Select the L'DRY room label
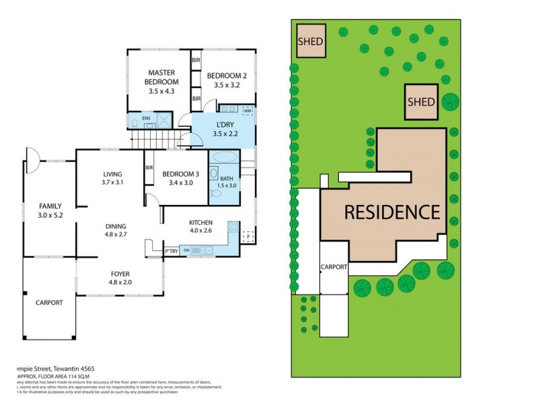224,125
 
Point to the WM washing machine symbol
247,110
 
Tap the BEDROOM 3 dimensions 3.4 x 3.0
181,182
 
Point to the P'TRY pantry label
171,251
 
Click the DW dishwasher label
193,251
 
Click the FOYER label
120,273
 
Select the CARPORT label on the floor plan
49,302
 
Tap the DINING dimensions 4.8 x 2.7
116,236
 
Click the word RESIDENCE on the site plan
392,212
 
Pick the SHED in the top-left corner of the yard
311,41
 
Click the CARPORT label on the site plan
334,267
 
